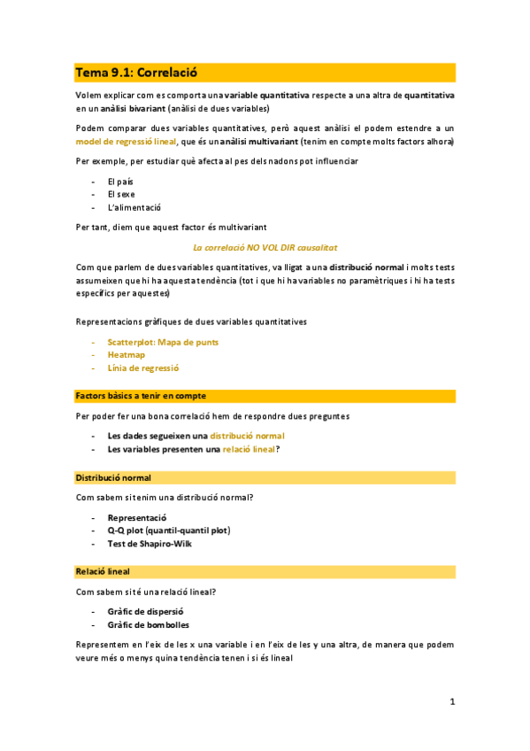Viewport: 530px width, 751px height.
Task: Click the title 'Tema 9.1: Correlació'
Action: coord(135,72)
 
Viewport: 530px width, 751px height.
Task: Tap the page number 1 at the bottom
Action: coord(452,701)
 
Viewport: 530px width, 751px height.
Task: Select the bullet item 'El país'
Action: coord(121,181)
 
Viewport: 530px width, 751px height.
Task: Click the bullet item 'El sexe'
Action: coord(121,194)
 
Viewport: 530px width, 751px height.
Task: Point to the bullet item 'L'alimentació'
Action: coord(134,207)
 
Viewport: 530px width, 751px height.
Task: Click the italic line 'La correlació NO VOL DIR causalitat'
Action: coord(265,248)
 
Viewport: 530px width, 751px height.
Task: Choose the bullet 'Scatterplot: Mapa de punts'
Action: coord(163,341)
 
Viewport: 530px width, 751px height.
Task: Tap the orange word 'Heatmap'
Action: coord(126,354)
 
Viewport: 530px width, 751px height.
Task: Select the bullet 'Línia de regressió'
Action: coord(143,368)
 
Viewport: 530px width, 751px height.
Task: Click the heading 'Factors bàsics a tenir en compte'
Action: coord(141,395)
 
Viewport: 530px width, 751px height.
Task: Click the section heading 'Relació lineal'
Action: coord(102,572)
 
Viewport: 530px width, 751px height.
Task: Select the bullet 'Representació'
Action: coord(137,517)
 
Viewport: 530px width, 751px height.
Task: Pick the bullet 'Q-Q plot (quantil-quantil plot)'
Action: coord(168,530)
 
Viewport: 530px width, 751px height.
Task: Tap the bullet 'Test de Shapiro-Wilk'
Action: coord(149,544)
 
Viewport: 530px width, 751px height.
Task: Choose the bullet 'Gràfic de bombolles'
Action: coord(147,624)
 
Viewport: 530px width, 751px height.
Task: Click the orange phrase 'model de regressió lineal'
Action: coord(125,141)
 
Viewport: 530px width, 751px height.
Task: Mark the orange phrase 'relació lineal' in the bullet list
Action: coord(248,449)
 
